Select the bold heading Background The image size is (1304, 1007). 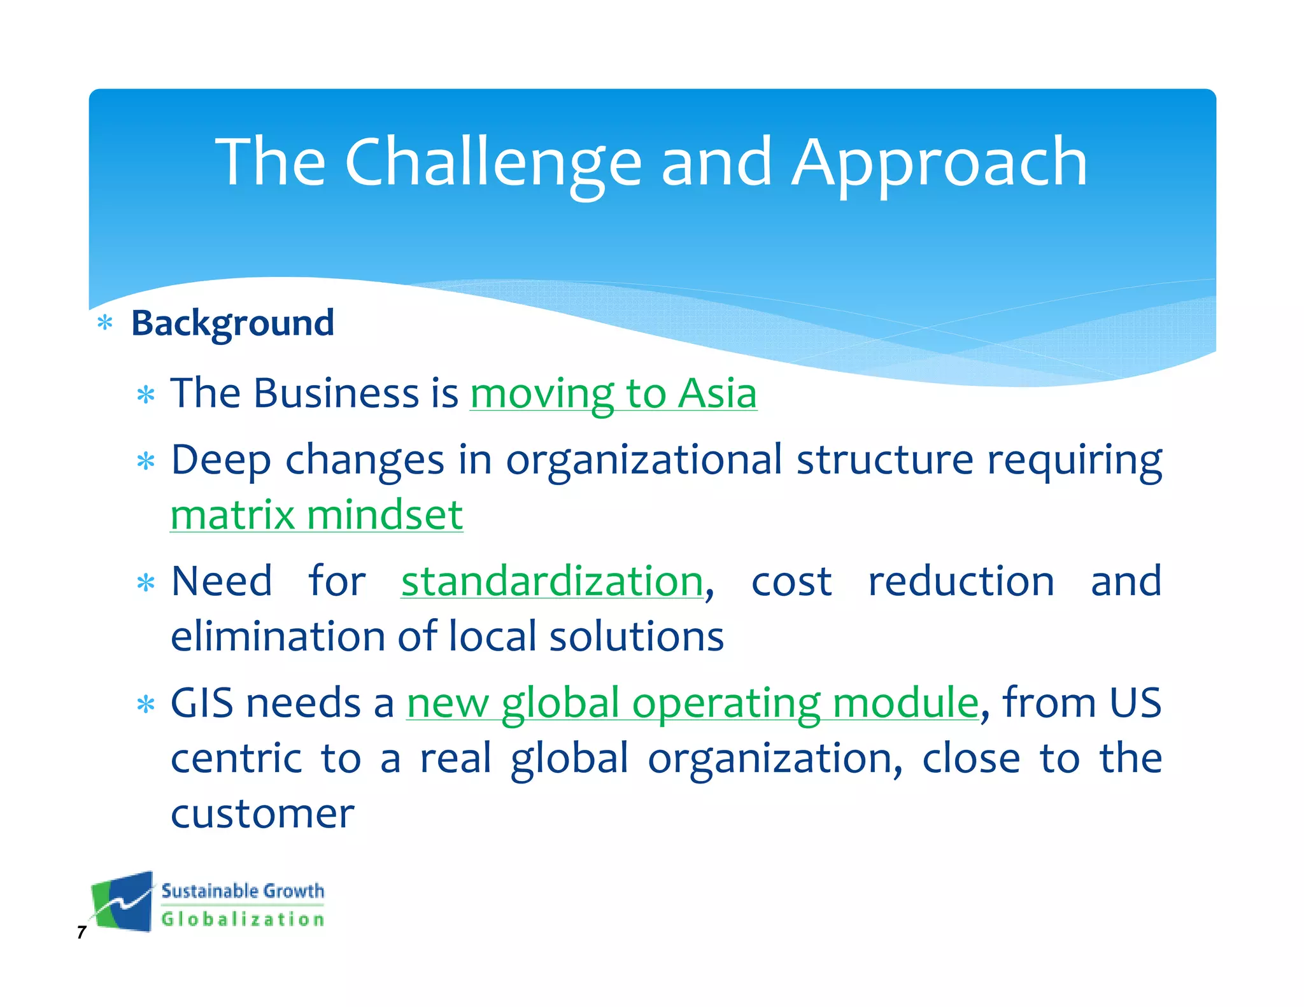tap(232, 323)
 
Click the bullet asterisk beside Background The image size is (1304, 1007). tap(105, 324)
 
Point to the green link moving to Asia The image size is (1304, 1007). tap(613, 393)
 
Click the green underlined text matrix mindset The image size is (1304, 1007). tap(316, 514)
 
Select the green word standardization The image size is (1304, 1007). tap(552, 581)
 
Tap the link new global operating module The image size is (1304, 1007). tap(692, 703)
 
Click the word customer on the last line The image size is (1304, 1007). tap(262, 813)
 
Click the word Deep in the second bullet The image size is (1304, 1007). tap(220, 460)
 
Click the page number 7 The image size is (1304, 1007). tap(81, 933)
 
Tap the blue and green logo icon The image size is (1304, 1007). tap(123, 902)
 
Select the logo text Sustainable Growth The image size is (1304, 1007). tap(243, 891)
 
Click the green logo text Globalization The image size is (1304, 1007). tap(243, 919)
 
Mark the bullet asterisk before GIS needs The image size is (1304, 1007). tap(146, 705)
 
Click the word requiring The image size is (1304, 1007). tap(1074, 460)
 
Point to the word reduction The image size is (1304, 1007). tap(961, 581)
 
